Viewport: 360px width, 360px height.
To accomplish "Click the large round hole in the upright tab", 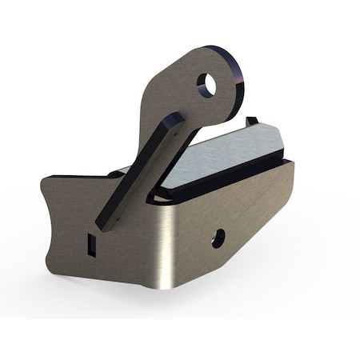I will point(207,84).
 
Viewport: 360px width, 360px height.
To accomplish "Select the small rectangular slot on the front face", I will point(90,243).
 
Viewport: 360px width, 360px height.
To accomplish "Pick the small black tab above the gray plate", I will point(252,122).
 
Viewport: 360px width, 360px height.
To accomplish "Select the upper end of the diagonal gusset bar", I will point(174,120).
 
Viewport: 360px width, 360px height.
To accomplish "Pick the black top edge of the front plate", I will point(80,174).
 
